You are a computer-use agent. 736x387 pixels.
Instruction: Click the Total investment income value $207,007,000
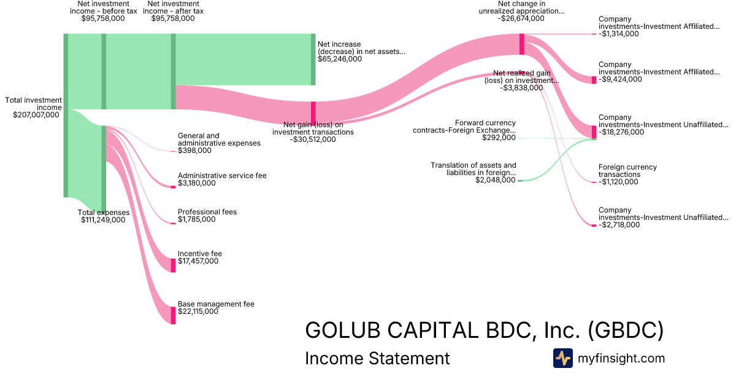(36, 115)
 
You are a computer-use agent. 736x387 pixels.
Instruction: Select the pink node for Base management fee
(174, 315)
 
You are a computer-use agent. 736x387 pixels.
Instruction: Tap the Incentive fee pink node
(174, 265)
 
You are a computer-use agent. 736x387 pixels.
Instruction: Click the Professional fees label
(207, 212)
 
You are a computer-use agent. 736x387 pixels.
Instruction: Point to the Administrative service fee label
(222, 176)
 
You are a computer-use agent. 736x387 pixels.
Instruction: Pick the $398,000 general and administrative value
(194, 150)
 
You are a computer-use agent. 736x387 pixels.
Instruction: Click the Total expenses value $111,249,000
(103, 220)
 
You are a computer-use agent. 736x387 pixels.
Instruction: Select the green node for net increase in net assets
(313, 60)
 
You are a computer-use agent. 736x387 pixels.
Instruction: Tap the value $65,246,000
(340, 60)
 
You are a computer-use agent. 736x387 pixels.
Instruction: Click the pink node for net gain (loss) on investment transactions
(313, 113)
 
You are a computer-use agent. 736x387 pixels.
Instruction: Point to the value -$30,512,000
(313, 139)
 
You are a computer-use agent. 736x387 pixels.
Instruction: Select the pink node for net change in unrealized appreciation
(522, 44)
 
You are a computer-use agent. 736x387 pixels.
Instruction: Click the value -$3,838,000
(521, 88)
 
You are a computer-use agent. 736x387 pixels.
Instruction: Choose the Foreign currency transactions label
(627, 171)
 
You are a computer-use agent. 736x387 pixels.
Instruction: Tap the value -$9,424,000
(620, 79)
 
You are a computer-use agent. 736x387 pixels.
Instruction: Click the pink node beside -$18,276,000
(594, 131)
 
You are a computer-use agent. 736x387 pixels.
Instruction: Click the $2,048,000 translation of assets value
(496, 181)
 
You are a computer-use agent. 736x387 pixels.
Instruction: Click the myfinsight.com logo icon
(563, 358)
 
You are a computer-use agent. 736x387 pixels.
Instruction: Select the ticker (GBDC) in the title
(626, 330)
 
